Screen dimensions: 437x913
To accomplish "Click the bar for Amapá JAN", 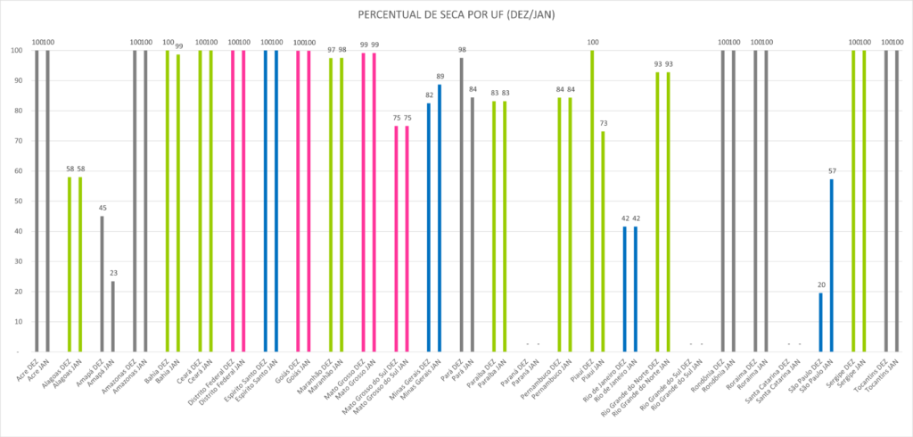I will (x=112, y=317).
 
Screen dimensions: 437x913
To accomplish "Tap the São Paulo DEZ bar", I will (x=821, y=322).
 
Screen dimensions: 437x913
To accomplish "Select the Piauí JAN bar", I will (x=603, y=241).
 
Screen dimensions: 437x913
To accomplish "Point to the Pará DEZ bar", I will (x=461, y=204).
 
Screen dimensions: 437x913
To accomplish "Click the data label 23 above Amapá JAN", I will (x=112, y=273).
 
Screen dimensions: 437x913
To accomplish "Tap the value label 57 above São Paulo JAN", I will (x=832, y=171).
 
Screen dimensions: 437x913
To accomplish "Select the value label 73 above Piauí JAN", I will (x=603, y=123).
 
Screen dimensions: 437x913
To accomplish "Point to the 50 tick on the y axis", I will (x=19, y=201).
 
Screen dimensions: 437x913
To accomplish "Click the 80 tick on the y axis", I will (x=19, y=111).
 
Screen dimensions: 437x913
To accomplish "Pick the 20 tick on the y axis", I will (x=19, y=292).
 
